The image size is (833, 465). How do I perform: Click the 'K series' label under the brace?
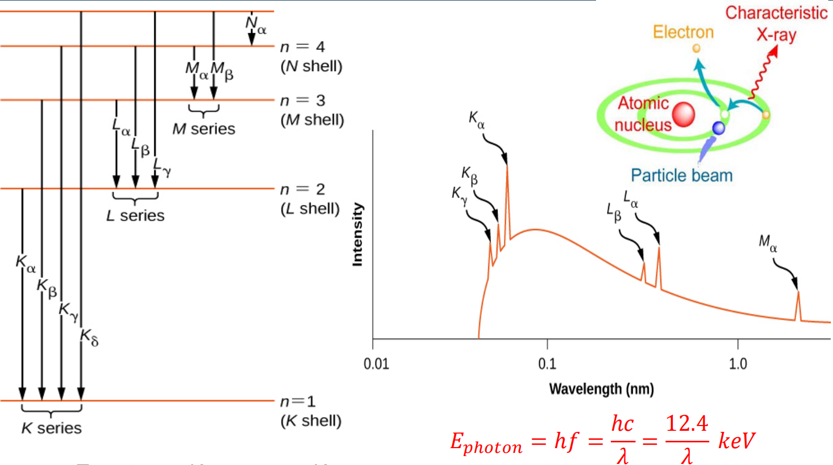[x=52, y=428]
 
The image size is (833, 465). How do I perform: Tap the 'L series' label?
[x=135, y=215]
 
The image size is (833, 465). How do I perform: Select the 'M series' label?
[x=204, y=129]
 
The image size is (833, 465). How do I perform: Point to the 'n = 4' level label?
[x=302, y=47]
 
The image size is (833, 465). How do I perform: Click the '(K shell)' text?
[x=311, y=421]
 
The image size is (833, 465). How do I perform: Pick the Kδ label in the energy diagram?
[x=89, y=337]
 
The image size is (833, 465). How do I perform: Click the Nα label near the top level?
[x=256, y=24]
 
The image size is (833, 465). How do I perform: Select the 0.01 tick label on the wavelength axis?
[x=376, y=364]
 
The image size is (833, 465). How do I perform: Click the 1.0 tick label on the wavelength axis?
[x=738, y=364]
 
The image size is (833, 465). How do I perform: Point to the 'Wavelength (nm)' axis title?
[x=601, y=389]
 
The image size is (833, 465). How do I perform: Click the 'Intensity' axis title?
[x=358, y=234]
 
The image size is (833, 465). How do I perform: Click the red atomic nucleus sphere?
[x=683, y=115]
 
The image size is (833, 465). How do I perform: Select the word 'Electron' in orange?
[x=683, y=32]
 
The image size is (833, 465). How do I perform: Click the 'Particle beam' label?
[x=681, y=175]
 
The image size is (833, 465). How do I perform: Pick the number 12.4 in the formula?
[x=687, y=424]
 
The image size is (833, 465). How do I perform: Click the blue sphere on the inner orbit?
[x=718, y=128]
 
